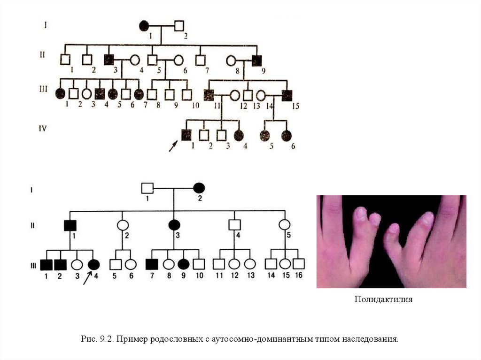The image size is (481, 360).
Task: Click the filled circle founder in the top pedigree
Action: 145,26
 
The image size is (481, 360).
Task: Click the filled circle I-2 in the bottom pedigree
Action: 199,188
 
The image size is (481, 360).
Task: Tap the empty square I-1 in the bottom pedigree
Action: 147,188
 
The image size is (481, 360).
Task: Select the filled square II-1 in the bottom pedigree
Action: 70,225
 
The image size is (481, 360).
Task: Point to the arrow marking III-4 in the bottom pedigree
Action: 87,277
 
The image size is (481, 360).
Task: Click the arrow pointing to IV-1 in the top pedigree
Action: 173,146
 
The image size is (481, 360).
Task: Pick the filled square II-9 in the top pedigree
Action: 256,60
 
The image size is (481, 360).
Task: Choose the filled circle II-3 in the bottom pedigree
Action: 174,225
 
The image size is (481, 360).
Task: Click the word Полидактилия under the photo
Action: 383,299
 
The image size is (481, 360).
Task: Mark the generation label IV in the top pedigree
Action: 43,128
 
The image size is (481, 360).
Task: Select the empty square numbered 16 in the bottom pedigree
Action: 298,264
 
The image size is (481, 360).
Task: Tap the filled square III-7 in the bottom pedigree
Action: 151,264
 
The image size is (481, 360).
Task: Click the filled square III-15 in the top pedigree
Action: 287,94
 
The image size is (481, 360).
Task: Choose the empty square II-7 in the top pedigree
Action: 201,60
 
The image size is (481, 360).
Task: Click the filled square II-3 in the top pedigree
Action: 109,60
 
